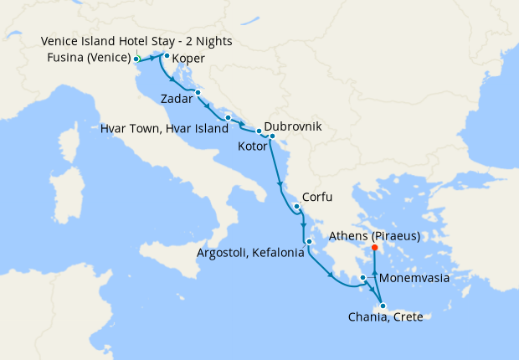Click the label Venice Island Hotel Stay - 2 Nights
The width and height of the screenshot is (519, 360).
(136, 42)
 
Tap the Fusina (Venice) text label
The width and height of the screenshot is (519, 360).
(88, 59)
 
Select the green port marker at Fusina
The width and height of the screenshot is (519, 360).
(136, 59)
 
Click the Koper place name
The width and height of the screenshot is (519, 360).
(188, 59)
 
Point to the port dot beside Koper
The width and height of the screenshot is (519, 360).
(167, 56)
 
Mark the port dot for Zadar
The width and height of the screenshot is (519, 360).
(198, 92)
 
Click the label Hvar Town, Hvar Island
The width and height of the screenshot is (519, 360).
(164, 129)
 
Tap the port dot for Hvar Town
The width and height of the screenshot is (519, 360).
(228, 117)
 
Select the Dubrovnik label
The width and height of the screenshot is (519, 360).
(293, 129)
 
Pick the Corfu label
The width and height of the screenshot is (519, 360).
(318, 198)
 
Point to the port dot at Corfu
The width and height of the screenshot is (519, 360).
(296, 205)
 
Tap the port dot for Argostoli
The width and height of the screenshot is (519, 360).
(309, 242)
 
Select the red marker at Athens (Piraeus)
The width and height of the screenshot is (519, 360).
(373, 248)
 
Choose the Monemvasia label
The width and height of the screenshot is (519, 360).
(414, 277)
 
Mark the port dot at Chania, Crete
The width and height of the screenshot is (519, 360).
(383, 306)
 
